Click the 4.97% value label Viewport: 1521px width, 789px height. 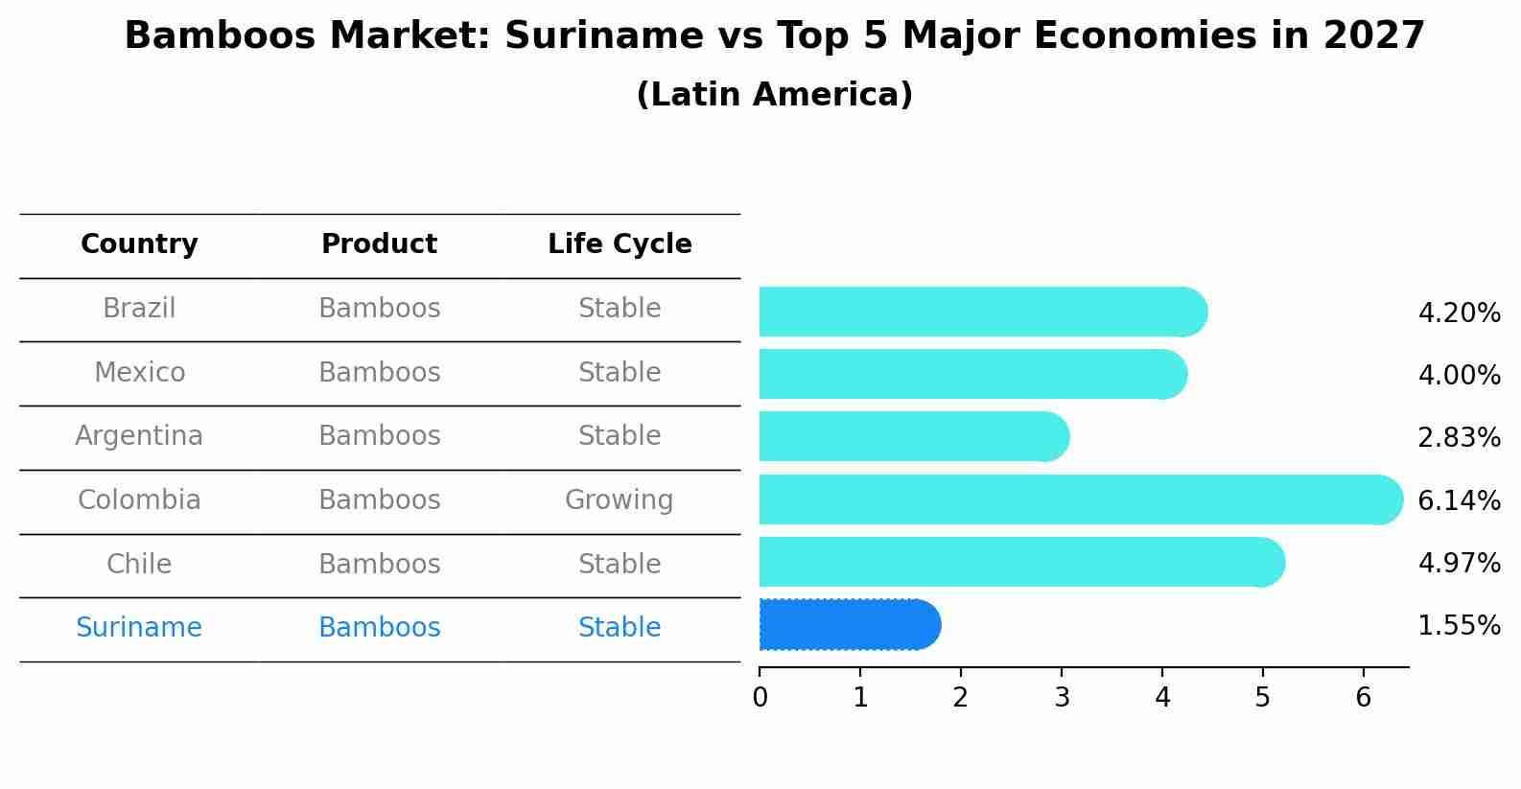(x=1459, y=564)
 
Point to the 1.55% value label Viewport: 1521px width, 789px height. (x=1459, y=626)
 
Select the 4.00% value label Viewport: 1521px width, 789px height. (x=1459, y=375)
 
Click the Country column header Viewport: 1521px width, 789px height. (x=139, y=244)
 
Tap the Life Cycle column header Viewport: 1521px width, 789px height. (x=620, y=244)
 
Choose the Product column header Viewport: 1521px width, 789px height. (x=379, y=244)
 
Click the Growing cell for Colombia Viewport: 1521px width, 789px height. (x=619, y=500)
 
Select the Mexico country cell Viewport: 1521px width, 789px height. (x=139, y=372)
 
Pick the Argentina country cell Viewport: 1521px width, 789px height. (x=139, y=436)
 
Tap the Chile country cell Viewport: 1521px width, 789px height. (x=139, y=564)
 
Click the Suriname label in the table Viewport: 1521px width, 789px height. (x=139, y=628)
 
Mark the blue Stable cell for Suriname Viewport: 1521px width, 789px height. (x=619, y=628)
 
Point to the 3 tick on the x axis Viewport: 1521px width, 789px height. (x=1062, y=698)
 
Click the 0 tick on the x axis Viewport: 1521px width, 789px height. (x=760, y=698)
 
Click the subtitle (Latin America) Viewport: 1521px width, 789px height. (x=774, y=95)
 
